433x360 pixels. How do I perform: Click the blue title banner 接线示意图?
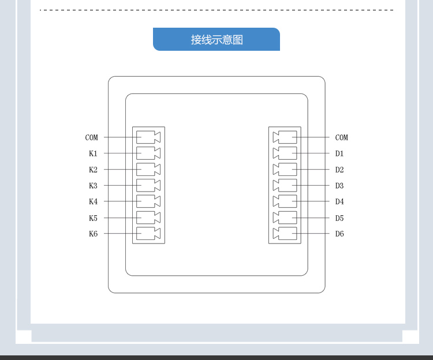pos(216,39)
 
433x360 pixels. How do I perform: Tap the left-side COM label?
pos(92,137)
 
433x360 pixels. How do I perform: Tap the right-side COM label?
pos(341,137)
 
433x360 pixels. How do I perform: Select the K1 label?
pos(93,153)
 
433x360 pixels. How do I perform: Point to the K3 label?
pos(93,186)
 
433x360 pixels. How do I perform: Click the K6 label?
pos(93,234)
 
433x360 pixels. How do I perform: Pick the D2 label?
pos(339,170)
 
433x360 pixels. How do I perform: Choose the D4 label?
pos(339,201)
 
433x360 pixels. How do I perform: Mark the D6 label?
pos(339,234)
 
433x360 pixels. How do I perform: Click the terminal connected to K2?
pos(148,170)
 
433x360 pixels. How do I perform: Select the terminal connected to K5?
pos(148,217)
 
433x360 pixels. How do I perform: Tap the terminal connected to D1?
pos(285,153)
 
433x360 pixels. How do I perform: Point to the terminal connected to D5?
pos(285,217)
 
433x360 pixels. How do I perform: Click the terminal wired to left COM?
pos(148,137)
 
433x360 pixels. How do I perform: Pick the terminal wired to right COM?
pos(285,137)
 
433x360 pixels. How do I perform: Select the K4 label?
pos(93,201)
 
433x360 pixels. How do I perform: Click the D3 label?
pos(339,186)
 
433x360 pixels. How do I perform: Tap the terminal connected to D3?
pos(285,186)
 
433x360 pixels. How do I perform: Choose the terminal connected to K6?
pos(148,234)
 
